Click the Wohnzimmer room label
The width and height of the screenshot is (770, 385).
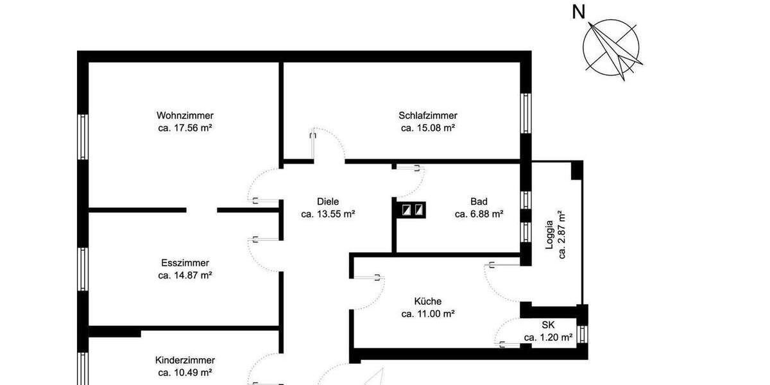185,116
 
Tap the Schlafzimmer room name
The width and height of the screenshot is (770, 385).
428,116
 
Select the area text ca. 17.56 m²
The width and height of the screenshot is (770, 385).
185,128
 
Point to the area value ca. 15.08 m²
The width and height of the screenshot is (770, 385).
428,128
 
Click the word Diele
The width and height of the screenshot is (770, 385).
328,201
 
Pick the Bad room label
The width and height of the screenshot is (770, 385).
479,201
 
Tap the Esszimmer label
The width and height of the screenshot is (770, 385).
185,263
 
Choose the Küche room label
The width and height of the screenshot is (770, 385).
428,301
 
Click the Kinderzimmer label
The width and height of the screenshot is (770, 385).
185,360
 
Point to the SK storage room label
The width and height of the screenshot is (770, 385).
548,325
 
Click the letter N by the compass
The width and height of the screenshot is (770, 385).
579,12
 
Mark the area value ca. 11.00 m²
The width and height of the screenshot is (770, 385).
428,314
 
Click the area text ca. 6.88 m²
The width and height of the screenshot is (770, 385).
479,214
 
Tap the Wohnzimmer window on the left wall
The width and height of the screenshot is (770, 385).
83,136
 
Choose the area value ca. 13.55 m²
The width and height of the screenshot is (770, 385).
328,214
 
